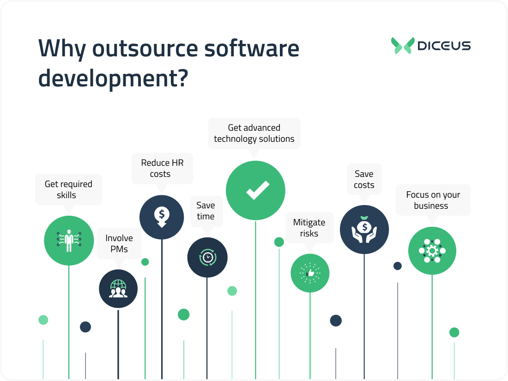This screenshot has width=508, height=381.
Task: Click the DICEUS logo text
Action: pyautogui.click(x=443, y=46)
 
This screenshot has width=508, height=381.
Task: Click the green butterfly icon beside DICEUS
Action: pyautogui.click(x=402, y=46)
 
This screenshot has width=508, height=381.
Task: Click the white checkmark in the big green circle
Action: pyautogui.click(x=255, y=190)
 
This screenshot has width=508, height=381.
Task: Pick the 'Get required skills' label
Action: pyautogui.click(x=68, y=189)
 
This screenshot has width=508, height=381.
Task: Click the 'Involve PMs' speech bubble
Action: pyautogui.click(x=119, y=243)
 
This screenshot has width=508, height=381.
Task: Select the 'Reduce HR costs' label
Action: pyautogui.click(x=162, y=168)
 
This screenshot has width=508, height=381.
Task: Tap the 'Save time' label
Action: pyautogui.click(x=206, y=211)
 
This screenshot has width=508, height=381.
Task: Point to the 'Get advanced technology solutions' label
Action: pyautogui.click(x=254, y=133)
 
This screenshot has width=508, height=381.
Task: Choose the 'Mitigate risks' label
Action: pyautogui.click(x=309, y=228)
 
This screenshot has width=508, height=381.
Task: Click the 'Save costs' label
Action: pyautogui.click(x=364, y=179)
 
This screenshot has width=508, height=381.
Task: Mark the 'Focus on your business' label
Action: pyautogui.click(x=433, y=200)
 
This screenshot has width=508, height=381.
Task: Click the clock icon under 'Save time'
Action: pyautogui.click(x=207, y=257)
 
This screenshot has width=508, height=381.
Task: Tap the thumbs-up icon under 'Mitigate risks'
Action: pyautogui.click(x=310, y=273)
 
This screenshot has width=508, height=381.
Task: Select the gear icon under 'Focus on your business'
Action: pyautogui.click(x=432, y=251)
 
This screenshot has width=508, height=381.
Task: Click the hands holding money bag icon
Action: pyautogui.click(x=364, y=230)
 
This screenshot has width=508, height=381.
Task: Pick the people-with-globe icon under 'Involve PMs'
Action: pyautogui.click(x=118, y=289)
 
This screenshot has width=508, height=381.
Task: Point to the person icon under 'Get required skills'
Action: pyautogui.click(x=69, y=240)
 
